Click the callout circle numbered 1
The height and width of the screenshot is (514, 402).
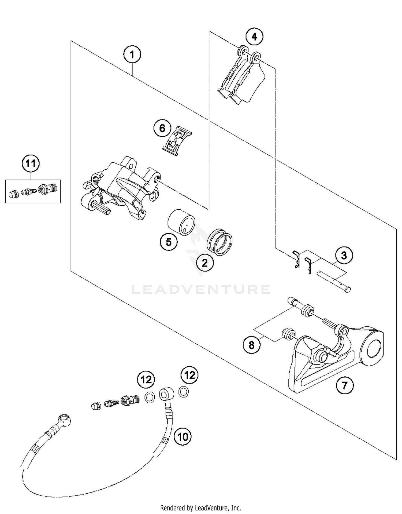coord(132,55)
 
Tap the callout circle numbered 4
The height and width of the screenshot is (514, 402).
coord(254,37)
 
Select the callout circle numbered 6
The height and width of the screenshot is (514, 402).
coord(162,128)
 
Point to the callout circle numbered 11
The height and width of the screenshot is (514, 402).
coord(31,163)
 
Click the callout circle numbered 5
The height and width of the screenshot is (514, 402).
coord(169,242)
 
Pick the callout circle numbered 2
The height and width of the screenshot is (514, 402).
coord(205,263)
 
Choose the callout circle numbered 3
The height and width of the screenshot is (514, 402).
coord(344,256)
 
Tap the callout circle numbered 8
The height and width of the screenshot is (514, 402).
coord(251,345)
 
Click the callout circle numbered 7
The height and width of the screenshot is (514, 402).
coord(345,385)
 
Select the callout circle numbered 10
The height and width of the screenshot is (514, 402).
coord(183,437)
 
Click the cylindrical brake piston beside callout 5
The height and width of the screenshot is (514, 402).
coord(181,222)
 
